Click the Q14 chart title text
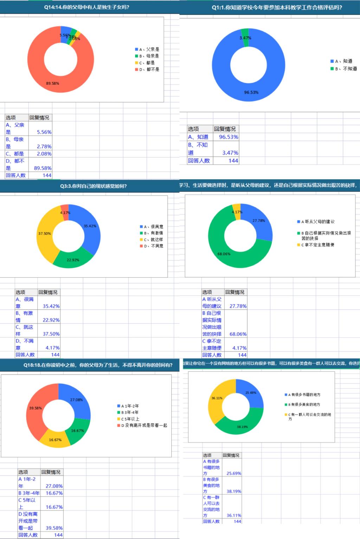(86, 7)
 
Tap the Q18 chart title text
(98, 365)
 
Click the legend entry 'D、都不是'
(149, 70)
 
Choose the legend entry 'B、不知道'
(346, 69)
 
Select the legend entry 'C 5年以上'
(130, 419)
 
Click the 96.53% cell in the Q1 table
(229, 137)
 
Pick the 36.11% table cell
(234, 515)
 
